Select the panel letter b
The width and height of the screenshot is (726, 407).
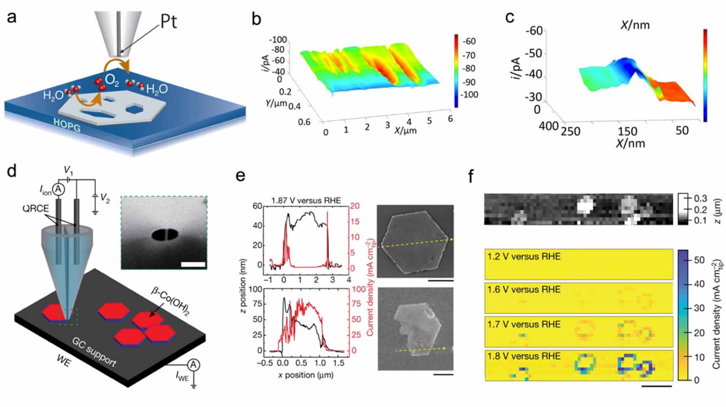pos(256,19)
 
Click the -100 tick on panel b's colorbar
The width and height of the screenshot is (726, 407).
pos(470,95)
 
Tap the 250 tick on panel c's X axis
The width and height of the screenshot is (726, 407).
pos(570,131)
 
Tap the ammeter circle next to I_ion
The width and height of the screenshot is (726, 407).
pos(58,190)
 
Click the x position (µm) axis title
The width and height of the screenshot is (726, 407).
pos(306,374)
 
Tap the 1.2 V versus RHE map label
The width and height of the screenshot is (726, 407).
pos(524,256)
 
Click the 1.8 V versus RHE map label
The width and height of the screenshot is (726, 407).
pos(524,356)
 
